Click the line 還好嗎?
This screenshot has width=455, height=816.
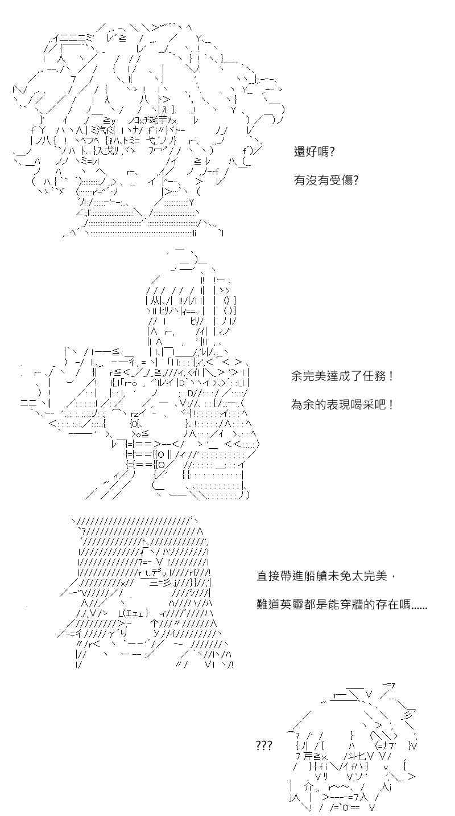314,152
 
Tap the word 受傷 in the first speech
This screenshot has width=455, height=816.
341,180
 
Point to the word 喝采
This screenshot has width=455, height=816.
362,404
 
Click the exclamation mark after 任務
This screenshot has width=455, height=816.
391,376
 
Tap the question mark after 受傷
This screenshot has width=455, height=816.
356,180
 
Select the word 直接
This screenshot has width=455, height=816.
268,576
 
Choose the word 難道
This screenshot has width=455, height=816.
268,605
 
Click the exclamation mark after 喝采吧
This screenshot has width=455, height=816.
391,404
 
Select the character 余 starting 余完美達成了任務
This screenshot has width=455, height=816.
297,376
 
